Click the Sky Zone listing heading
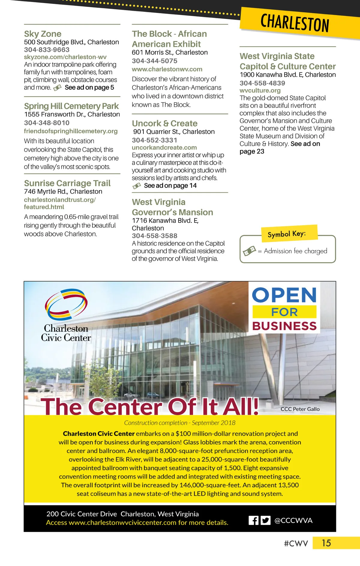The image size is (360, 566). (43, 34)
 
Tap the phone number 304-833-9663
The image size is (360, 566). (46, 50)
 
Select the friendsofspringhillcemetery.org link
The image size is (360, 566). (71, 131)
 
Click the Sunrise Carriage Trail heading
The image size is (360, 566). (67, 183)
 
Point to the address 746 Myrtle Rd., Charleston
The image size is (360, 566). (63, 192)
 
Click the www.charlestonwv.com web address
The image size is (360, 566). (167, 69)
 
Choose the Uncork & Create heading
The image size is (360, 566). (165, 123)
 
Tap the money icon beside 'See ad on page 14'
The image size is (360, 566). (136, 186)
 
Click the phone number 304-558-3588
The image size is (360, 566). (154, 236)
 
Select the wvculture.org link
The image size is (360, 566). (260, 90)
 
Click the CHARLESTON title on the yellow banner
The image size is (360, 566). (295, 23)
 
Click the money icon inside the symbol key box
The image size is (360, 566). (250, 250)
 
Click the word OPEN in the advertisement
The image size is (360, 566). (284, 295)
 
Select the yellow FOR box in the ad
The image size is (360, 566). (284, 312)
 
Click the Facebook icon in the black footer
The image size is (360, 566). (253, 520)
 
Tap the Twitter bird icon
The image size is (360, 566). (265, 520)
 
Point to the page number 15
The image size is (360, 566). (326, 543)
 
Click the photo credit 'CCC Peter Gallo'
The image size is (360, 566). (300, 409)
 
